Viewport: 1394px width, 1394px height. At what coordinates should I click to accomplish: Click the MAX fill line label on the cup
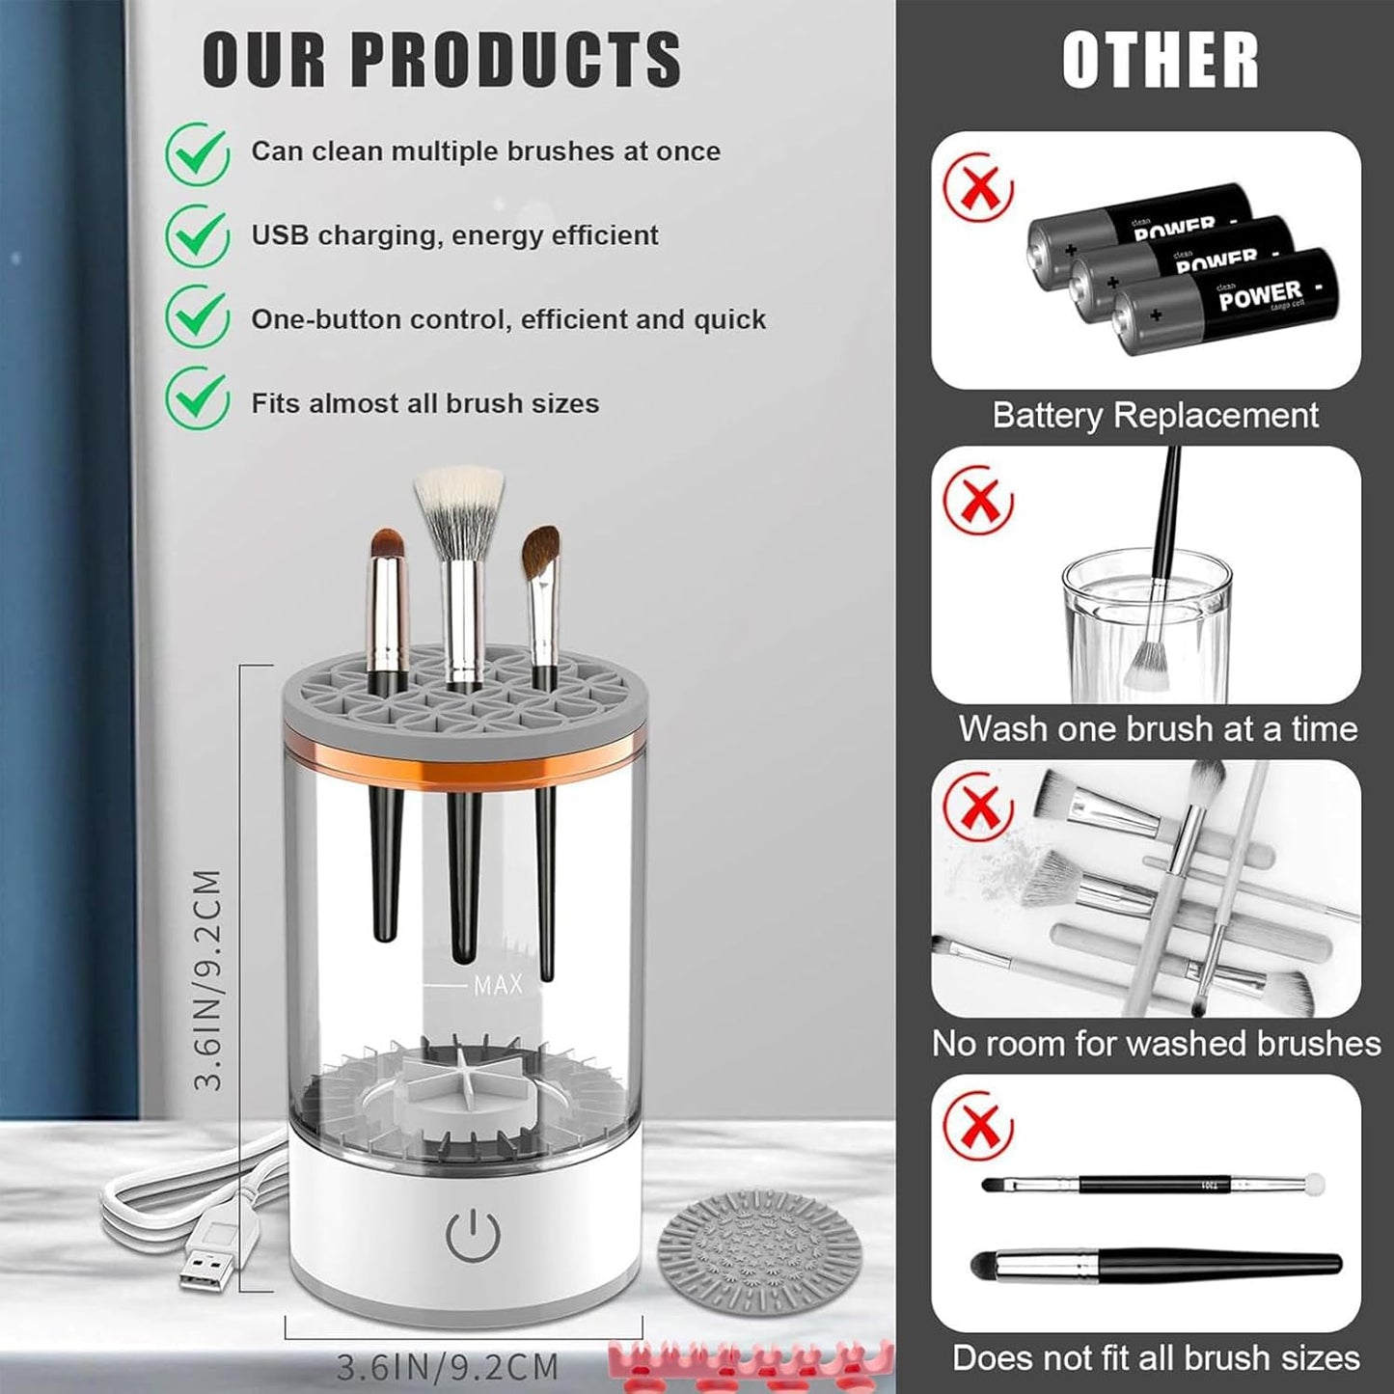coord(498,985)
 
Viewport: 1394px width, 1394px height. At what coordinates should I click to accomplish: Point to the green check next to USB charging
coord(198,234)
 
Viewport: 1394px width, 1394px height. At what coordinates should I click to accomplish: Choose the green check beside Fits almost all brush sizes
coord(198,400)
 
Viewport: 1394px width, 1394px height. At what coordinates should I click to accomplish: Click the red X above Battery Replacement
coord(978,187)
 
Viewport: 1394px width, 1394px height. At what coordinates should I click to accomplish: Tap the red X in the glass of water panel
coord(978,501)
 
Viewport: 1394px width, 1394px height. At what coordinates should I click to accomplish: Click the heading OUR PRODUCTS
coord(441,60)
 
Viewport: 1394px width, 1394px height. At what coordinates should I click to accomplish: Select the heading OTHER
coord(1160,60)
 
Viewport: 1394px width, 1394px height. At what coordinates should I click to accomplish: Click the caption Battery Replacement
coord(1155,416)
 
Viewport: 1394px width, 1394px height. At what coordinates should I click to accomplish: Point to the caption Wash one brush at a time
coord(1158,729)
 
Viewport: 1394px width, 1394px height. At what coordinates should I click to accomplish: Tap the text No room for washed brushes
coord(1156,1044)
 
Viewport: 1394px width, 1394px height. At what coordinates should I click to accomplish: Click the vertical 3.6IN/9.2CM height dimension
coord(208,979)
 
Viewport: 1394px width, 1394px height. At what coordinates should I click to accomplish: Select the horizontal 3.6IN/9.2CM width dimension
coord(448,1367)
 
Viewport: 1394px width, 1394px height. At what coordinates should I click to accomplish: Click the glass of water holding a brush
coord(1146,627)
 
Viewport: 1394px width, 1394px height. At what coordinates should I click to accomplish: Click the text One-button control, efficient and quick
coord(508,319)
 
